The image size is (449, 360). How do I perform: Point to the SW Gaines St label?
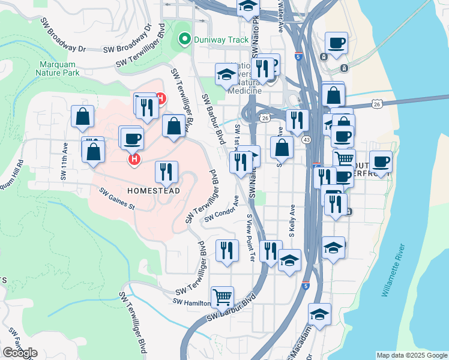click(117, 200)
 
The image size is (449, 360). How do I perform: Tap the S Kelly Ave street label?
click(292, 220)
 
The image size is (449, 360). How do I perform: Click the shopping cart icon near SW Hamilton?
click(222, 296)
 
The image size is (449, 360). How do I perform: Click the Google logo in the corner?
click(20, 352)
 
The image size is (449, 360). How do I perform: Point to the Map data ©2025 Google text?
click(411, 355)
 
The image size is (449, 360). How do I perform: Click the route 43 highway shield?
click(306, 139)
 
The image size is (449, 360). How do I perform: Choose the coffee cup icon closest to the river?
click(381, 161)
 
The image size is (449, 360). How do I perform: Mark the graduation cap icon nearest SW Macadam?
click(319, 314)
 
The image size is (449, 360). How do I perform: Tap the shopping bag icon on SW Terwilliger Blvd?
click(173, 126)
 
